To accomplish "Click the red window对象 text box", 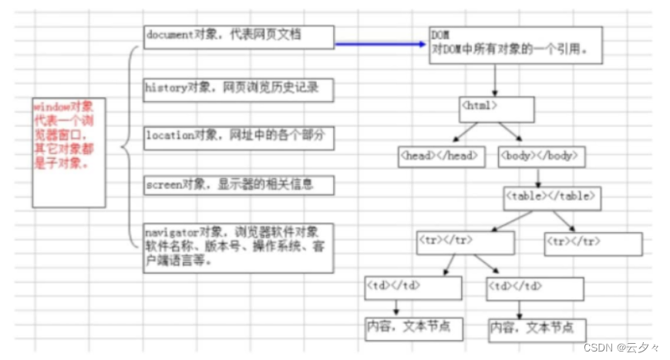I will point(69,152).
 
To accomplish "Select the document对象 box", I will point(238,36).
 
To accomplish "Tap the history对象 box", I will point(238,89).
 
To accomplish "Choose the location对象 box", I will point(238,137).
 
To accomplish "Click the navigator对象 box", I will point(238,247).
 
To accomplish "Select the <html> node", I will point(497,109).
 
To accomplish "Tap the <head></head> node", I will point(441,156).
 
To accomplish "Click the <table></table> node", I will point(551,198).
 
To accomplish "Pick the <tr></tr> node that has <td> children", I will point(465,242).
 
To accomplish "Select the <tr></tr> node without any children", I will point(592,243).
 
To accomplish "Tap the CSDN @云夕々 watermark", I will point(617,348).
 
